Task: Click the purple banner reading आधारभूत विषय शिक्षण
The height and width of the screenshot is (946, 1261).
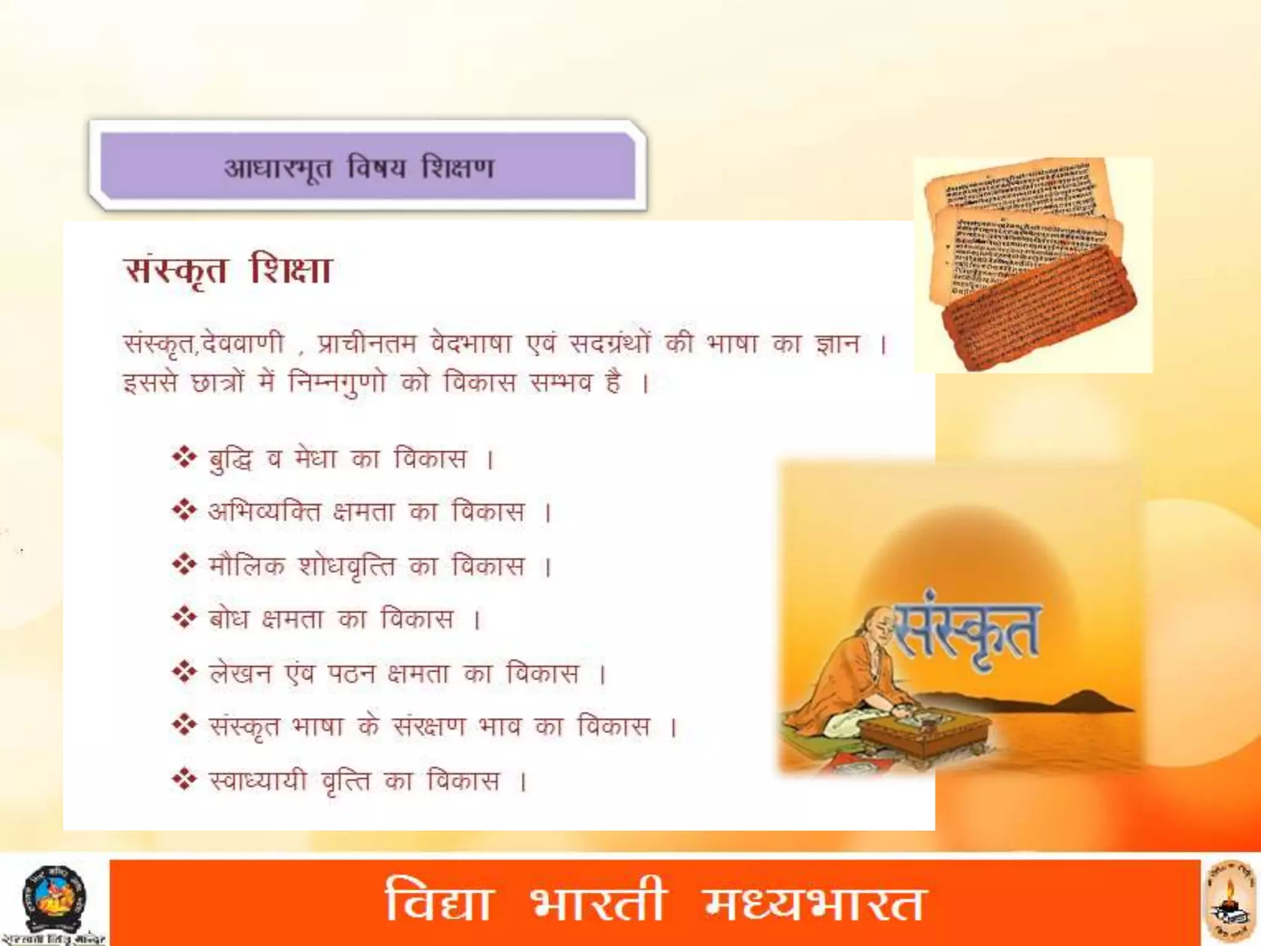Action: pyautogui.click(x=368, y=167)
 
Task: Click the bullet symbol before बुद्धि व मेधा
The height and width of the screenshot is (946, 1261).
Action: pyautogui.click(x=183, y=458)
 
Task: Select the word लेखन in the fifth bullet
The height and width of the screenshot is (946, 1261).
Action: pyautogui.click(x=240, y=673)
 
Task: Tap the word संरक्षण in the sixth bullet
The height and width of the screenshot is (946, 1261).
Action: pyautogui.click(x=429, y=727)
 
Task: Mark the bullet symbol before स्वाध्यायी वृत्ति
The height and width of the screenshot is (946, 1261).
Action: pyautogui.click(x=183, y=780)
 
